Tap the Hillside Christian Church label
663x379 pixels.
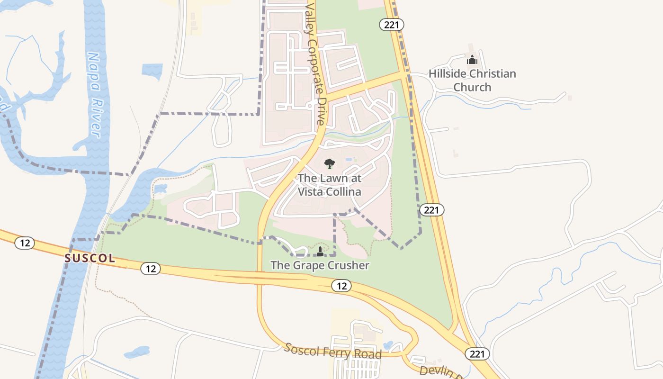tap(472, 81)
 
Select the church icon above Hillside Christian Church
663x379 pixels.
tap(472, 60)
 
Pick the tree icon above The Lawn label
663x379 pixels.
tap(329, 164)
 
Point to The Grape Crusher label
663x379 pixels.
tap(320, 265)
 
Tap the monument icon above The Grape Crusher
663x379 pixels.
tap(320, 251)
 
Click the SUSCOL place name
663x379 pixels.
tap(90, 258)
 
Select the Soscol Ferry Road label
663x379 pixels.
tap(333, 351)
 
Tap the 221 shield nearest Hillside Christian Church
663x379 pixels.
tap(392, 25)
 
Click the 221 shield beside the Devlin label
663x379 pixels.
tap(477, 353)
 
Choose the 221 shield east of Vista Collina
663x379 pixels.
tap(431, 209)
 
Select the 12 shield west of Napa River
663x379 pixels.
tap(25, 244)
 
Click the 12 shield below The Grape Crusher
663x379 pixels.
tap(341, 286)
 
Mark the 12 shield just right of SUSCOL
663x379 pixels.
tap(151, 269)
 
